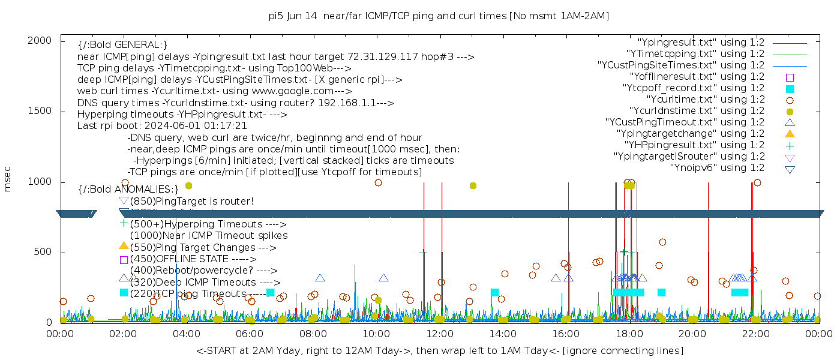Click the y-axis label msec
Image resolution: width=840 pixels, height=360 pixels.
[8, 179]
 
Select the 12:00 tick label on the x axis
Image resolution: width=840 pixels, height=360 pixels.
[440, 334]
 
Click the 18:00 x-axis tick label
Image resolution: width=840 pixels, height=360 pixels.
[629, 334]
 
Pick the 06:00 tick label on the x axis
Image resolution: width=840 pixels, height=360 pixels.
[250, 334]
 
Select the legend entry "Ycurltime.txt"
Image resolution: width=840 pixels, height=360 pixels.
[705, 100]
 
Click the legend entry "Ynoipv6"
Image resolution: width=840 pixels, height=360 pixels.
[717, 168]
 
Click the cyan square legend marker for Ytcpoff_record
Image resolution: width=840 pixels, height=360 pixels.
[790, 89]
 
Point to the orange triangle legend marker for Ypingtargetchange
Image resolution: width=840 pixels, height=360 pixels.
[790, 134]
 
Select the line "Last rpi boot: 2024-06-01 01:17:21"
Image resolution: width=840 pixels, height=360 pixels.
[162, 126]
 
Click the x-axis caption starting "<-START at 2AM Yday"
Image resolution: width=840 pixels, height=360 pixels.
[439, 350]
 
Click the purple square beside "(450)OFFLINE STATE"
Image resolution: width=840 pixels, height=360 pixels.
[124, 260]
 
